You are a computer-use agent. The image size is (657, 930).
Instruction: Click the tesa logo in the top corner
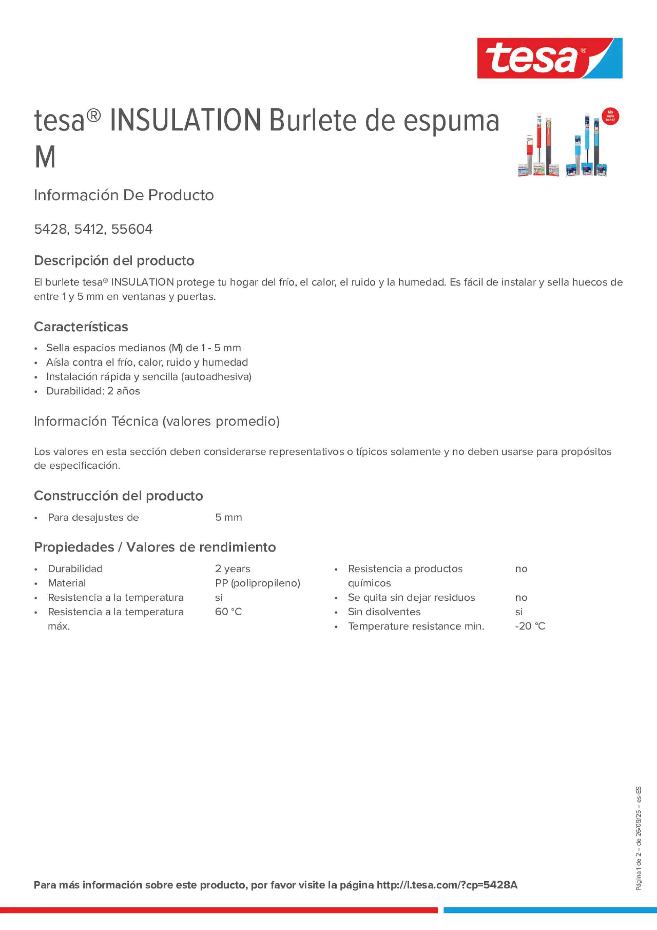[549, 58]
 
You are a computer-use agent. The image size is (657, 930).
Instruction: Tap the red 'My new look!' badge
[610, 116]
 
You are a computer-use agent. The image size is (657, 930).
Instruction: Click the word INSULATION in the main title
[185, 120]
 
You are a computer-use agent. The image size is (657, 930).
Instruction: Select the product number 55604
[132, 229]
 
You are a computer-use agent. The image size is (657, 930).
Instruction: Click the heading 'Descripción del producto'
[114, 260]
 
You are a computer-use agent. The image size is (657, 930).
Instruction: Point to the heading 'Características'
[81, 327]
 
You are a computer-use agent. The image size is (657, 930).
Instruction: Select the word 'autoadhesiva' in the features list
[216, 377]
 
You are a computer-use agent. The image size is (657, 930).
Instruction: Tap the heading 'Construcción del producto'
[118, 496]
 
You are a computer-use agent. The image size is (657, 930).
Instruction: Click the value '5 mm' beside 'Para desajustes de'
[228, 517]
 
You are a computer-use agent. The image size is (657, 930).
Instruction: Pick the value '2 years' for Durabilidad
[233, 569]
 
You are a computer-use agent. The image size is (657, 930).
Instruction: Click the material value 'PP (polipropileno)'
[258, 583]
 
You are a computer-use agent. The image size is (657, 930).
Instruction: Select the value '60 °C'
[228, 612]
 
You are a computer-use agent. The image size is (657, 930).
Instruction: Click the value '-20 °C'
[530, 626]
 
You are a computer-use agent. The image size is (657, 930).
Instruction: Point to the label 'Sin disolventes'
[384, 612]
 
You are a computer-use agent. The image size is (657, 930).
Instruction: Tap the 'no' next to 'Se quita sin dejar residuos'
[521, 597]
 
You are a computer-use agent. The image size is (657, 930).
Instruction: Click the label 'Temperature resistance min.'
[416, 626]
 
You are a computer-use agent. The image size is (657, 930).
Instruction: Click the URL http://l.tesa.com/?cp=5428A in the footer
[447, 885]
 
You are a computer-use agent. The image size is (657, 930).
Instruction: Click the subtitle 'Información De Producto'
[124, 195]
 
